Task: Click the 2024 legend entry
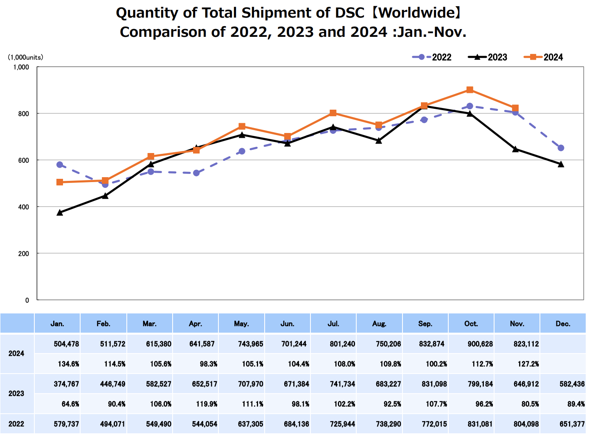(544, 57)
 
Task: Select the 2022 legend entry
(432, 57)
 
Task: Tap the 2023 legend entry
(488, 57)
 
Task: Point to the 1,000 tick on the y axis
(21, 67)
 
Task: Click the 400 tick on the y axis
(24, 207)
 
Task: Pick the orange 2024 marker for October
(470, 90)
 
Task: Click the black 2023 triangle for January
(60, 212)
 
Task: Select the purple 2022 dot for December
(561, 148)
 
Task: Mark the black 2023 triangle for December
(561, 164)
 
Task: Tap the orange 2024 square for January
(60, 182)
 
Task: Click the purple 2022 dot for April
(196, 173)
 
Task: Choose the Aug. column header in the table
(379, 324)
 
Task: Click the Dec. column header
(563, 324)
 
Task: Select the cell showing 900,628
(480, 344)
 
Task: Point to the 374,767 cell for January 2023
(66, 384)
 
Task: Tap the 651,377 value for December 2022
(572, 424)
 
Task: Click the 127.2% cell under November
(528, 364)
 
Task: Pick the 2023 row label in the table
(16, 394)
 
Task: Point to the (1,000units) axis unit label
(25, 57)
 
